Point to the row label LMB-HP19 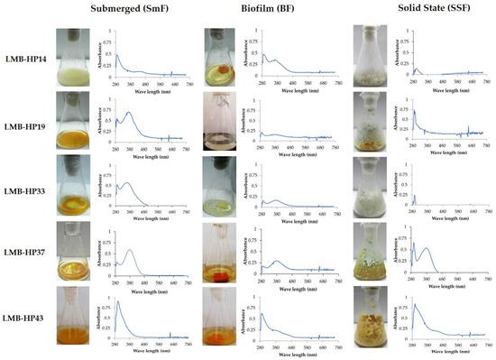point(27,120)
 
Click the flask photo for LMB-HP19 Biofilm point(222,120)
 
